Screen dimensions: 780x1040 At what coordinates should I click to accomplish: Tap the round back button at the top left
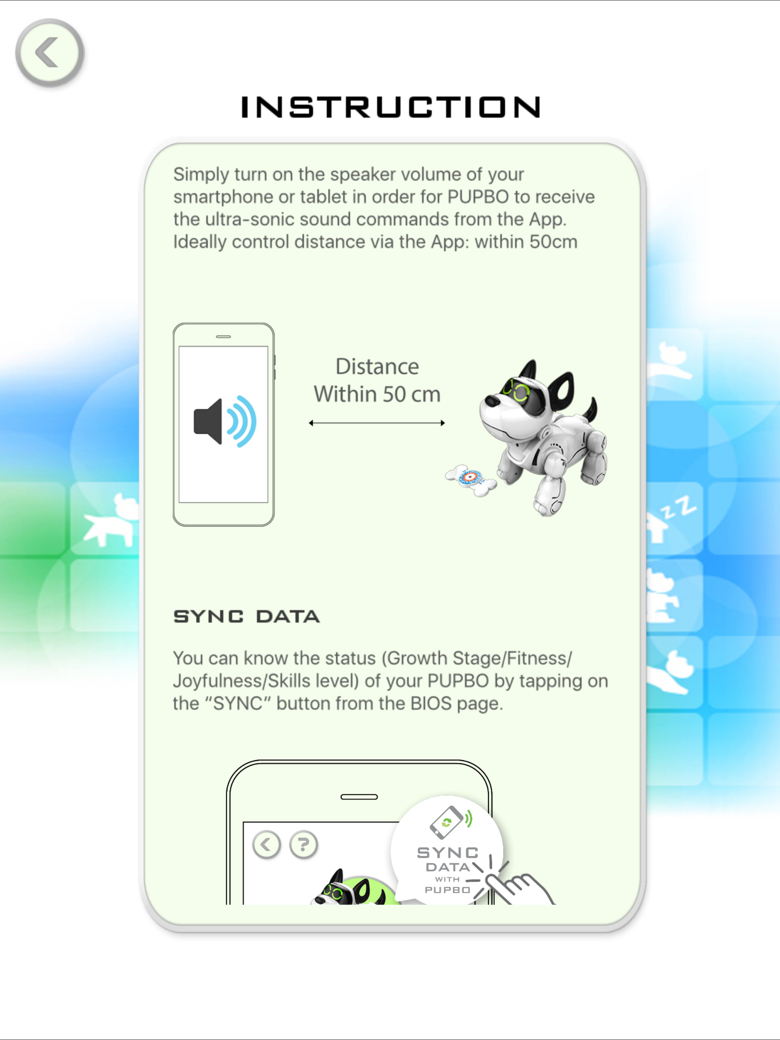[50, 53]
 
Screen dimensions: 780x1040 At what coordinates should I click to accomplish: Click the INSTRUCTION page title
[390, 107]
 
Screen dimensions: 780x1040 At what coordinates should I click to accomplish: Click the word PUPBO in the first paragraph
[478, 196]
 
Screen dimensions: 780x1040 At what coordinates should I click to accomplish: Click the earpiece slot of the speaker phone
[224, 337]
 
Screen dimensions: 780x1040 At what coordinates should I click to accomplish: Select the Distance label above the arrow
[377, 367]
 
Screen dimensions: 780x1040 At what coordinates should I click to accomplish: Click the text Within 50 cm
[377, 394]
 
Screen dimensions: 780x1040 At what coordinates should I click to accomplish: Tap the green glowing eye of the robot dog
[521, 392]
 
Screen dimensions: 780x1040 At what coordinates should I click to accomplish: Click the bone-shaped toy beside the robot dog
[471, 480]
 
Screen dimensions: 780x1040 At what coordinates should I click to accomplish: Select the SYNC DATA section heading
[246, 616]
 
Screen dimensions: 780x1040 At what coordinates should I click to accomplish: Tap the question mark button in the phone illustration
[304, 845]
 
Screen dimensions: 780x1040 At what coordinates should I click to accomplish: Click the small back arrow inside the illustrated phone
[266, 845]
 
